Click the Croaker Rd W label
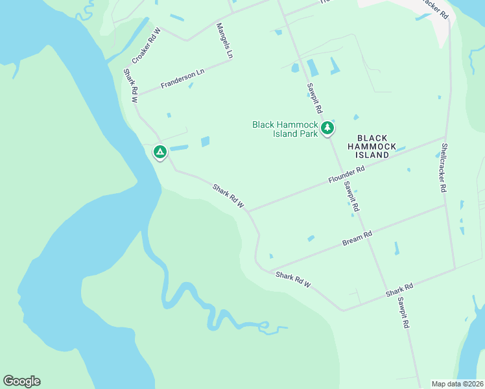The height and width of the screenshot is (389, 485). click(145, 45)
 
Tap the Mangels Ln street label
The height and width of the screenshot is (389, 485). click(224, 41)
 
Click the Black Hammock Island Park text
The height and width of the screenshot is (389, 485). click(285, 129)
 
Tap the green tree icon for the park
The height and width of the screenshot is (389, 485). click(328, 128)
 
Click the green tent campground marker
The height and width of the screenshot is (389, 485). click(160, 152)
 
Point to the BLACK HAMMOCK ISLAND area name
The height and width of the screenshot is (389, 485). click(372, 147)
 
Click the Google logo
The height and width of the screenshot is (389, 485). click(21, 381)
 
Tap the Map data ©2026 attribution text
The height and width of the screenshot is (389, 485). click(458, 383)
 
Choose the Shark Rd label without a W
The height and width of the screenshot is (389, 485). click(399, 291)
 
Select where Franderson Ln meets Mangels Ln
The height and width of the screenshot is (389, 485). click(231, 60)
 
